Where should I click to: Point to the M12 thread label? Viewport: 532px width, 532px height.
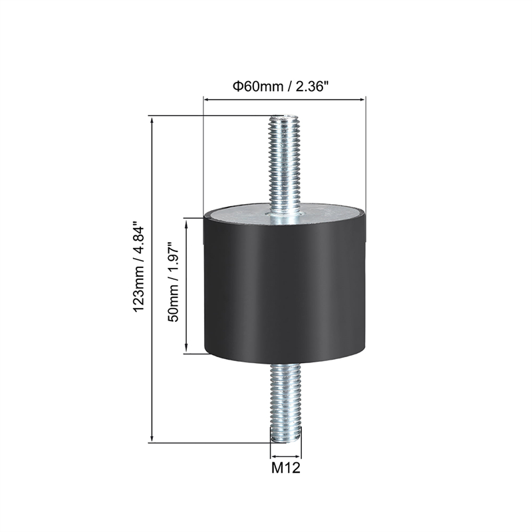pyautogui.click(x=286, y=468)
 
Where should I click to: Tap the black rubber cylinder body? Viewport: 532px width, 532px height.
pyautogui.click(x=285, y=293)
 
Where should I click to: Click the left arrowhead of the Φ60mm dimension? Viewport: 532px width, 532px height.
pyautogui.click(x=206, y=100)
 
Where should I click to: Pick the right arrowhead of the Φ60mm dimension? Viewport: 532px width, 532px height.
pyautogui.click(x=362, y=100)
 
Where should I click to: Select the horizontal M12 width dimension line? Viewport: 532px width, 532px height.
pyautogui.click(x=286, y=456)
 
